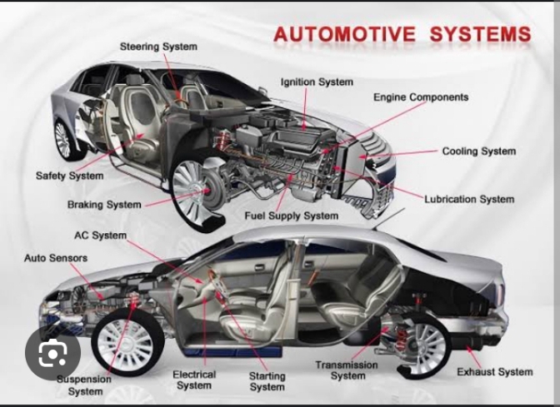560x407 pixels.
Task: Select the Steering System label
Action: [x=158, y=47]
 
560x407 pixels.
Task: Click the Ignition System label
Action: [x=317, y=82]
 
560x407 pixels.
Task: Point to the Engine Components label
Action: [x=421, y=97]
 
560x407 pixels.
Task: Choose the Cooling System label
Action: [x=478, y=151]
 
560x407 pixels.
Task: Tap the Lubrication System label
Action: [x=469, y=199]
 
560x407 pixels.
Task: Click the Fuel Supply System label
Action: [x=291, y=216]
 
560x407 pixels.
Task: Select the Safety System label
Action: [x=69, y=176]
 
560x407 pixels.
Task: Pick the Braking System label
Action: [x=104, y=204]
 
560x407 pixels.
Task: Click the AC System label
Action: [x=100, y=236]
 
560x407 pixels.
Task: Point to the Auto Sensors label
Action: [x=55, y=258]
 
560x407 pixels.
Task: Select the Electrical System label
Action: [x=194, y=380]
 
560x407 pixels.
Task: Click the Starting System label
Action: [x=267, y=381]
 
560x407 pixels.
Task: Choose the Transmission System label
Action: [x=346, y=370]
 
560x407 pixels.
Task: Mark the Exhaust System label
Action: [x=494, y=371]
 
